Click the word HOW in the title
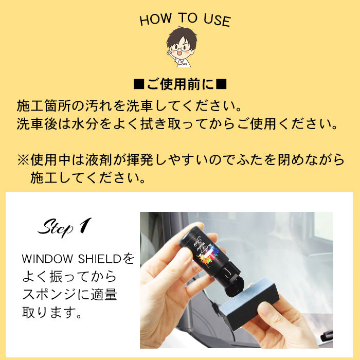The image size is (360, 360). tap(156, 19)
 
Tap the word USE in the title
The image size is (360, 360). tap(217, 20)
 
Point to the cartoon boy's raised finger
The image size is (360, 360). tap(169, 51)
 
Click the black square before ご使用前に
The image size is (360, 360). tap(139, 84)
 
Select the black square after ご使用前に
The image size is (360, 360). tap(222, 84)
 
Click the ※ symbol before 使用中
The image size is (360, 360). tap(23, 160)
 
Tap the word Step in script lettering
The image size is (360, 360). tap(56, 228)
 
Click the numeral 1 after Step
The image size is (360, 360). tap(85, 225)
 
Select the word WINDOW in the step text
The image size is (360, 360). tap(47, 259)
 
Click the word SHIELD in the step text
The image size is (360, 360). tap(99, 259)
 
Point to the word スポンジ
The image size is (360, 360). tap(49, 294)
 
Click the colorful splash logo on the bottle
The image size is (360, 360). tap(208, 255)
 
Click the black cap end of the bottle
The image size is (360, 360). tap(235, 287)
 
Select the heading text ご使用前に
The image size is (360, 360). tap(180, 84)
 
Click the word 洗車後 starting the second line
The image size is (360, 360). tap(37, 124)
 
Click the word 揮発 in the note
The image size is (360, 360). tap(139, 160)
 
